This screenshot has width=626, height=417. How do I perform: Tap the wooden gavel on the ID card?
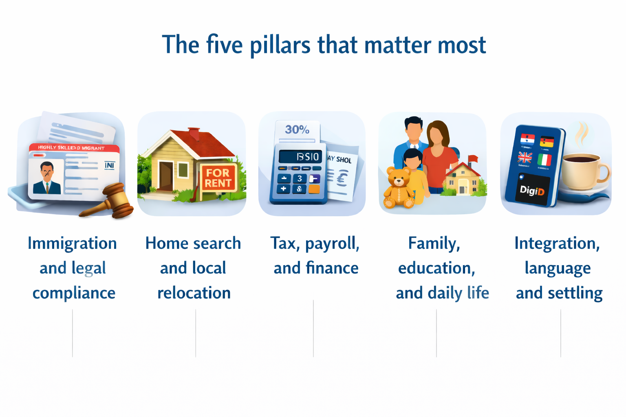(112, 202)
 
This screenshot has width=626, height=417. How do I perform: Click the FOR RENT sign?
(218, 178)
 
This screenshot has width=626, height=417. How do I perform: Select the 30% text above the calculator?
(297, 130)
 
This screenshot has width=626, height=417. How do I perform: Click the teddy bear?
(398, 187)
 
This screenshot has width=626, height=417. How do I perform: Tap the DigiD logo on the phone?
(532, 190)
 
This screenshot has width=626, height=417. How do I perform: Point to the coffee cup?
(583, 171)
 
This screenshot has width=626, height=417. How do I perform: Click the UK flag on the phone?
(525, 158)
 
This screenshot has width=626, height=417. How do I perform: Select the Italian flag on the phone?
(544, 160)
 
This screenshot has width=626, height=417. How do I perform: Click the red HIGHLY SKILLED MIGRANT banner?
(73, 148)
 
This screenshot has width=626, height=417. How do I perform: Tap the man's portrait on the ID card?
(47, 178)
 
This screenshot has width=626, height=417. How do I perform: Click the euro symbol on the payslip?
(342, 178)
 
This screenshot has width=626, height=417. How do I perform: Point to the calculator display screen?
(300, 157)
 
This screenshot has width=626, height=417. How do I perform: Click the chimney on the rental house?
(194, 133)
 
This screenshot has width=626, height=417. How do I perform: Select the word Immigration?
(72, 244)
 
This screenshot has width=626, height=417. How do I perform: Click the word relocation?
(194, 293)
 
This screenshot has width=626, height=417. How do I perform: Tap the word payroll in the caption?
(332, 244)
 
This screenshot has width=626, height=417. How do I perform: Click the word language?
(558, 268)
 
